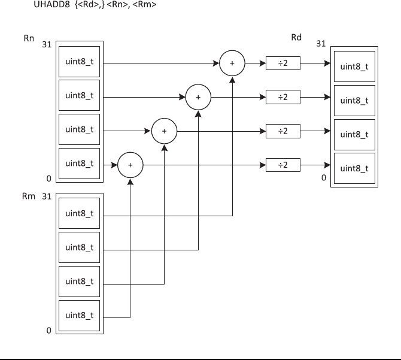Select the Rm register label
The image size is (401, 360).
tap(28, 196)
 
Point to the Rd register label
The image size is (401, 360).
tap(296, 37)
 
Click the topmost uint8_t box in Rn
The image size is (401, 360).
tap(80, 62)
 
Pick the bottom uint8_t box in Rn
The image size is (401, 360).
tap(80, 163)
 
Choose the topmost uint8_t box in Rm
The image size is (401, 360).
tap(80, 213)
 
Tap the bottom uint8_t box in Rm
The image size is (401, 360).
tap(80, 314)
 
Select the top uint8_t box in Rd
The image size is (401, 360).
tap(354, 66)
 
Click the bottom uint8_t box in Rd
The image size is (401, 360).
tap(354, 168)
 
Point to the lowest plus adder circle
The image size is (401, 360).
tap(130, 164)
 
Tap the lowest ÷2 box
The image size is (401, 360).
tap(282, 164)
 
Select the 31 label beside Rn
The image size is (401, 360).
tap(47, 45)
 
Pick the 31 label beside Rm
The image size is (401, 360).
tap(47, 196)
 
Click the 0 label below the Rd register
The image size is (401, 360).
tap(324, 178)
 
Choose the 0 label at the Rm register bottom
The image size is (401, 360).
tap(48, 331)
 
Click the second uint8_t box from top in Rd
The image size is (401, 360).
tap(354, 100)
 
